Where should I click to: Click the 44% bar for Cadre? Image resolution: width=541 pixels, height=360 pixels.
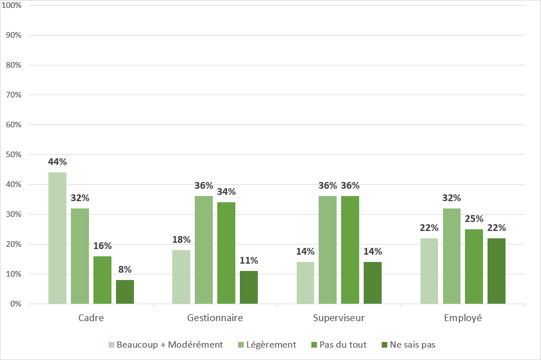[57, 238]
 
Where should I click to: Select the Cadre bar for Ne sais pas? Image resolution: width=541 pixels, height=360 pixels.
[125, 292]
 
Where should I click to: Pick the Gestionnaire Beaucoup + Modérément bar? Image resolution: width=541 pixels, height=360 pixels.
[181, 277]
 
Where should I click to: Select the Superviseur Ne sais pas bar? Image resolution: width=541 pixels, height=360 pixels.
[373, 283]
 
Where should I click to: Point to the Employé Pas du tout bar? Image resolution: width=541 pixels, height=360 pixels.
[474, 266]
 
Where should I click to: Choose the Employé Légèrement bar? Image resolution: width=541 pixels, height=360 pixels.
[451, 256]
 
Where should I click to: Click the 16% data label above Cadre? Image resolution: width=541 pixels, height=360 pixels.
[102, 246]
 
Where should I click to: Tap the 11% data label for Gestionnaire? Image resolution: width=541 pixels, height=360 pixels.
[249, 261]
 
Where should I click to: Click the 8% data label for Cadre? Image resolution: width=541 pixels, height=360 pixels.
[125, 270]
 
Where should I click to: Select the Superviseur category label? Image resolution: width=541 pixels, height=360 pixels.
[339, 318]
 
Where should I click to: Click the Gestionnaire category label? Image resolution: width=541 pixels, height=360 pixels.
[215, 318]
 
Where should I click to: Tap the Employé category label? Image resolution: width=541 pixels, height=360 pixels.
[463, 318]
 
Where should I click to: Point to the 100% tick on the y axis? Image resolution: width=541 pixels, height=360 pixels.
[12, 6]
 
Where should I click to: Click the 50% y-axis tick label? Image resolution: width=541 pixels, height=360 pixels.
[13, 155]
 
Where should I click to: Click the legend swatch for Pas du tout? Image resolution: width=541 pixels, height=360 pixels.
[314, 344]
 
